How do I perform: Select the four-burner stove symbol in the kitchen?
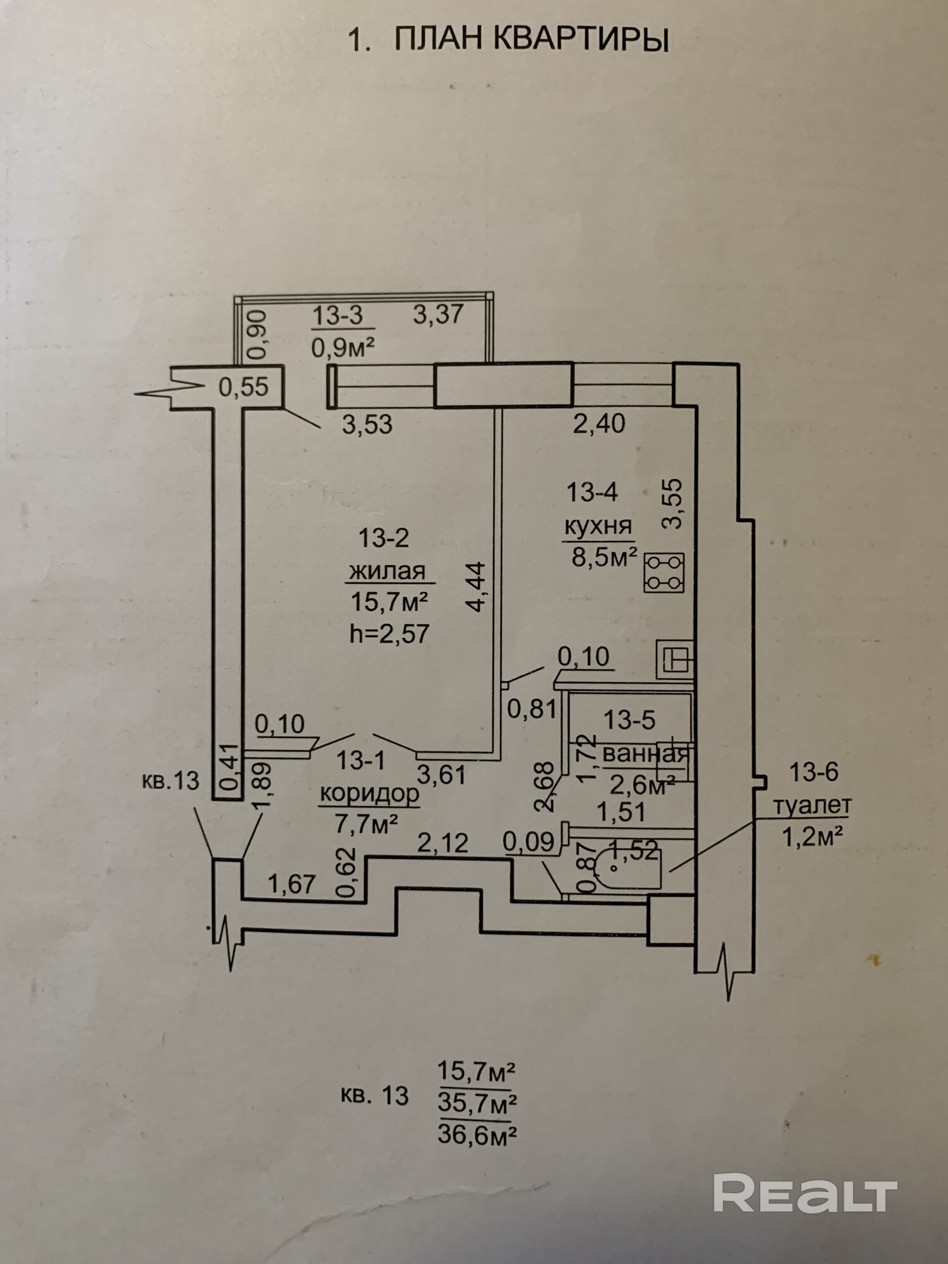click(x=664, y=573)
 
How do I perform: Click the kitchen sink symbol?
click(x=676, y=659)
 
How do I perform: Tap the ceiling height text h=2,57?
click(x=389, y=633)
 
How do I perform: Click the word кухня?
click(x=598, y=526)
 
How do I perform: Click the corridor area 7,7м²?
click(x=366, y=823)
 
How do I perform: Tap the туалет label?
click(x=813, y=805)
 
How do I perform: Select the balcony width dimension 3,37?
click(x=439, y=314)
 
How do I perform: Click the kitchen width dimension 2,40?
click(x=599, y=423)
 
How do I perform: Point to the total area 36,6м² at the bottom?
click(x=477, y=1136)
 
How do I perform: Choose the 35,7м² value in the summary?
click(x=477, y=1103)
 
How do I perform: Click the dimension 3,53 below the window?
click(x=367, y=425)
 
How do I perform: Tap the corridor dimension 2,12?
click(x=442, y=842)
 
